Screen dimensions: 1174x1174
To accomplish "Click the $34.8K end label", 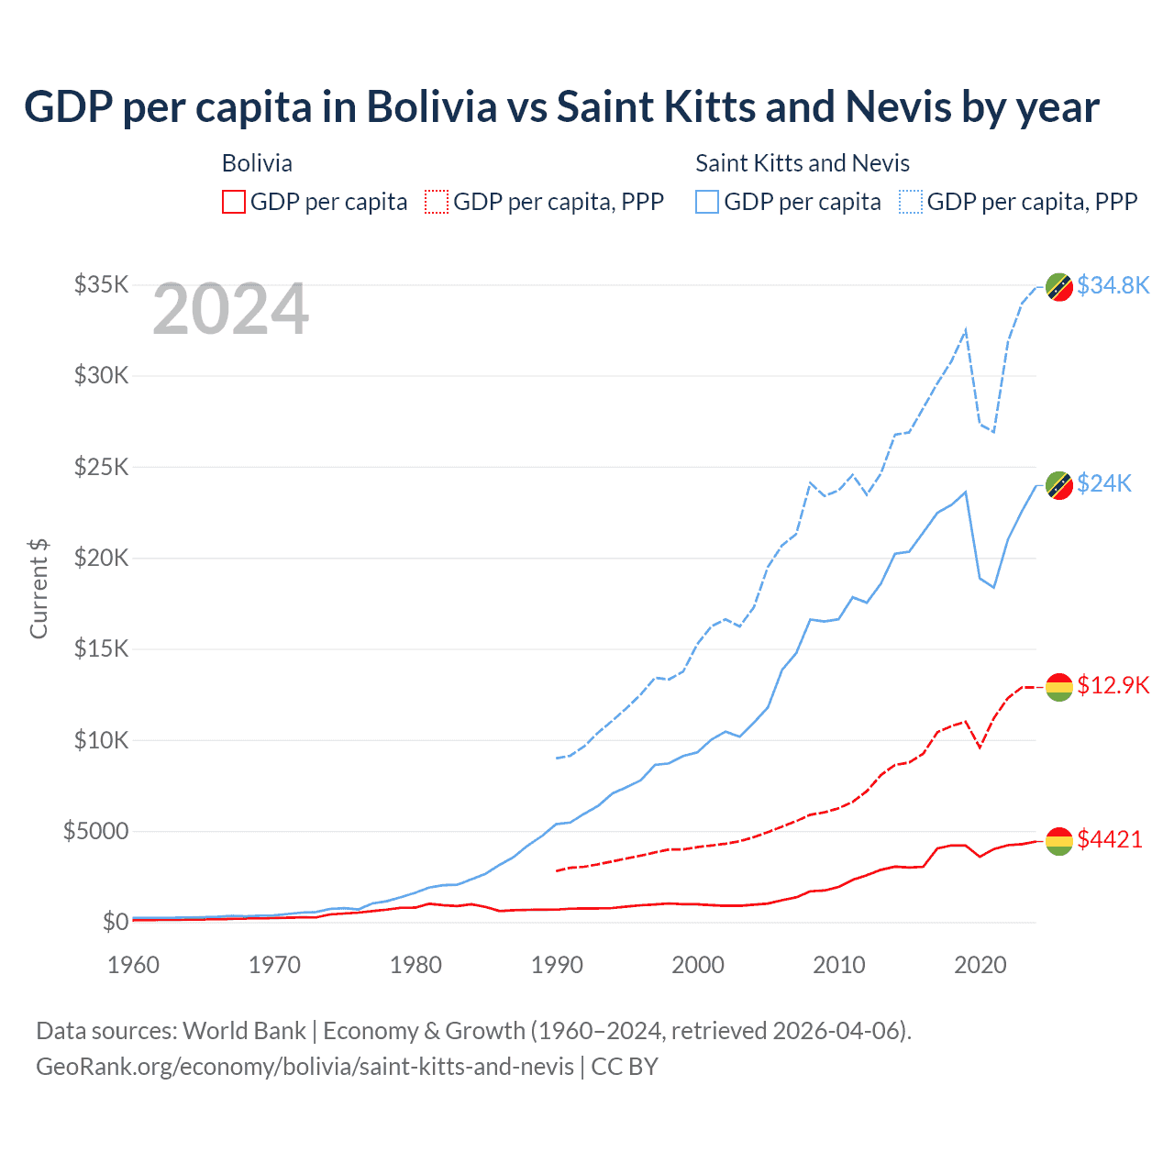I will coord(1113,285).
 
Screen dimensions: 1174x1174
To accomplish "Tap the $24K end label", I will coord(1104,483).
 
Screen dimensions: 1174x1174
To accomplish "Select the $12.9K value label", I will coord(1113,685).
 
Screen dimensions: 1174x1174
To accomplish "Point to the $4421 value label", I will coord(1110,839).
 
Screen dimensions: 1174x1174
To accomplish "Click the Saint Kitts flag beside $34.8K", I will coord(1059,287).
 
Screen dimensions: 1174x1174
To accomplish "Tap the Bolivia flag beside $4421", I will coord(1059,840).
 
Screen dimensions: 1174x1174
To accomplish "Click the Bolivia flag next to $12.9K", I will coord(1059,687).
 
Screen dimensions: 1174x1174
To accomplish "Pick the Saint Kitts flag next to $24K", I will coord(1059,485).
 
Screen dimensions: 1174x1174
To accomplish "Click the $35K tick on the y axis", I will coord(102,284).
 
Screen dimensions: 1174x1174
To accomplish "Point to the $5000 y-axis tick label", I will coord(95,831).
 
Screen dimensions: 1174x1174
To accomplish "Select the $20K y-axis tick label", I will coord(102,558).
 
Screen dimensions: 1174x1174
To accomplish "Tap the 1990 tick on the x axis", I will coord(557,965).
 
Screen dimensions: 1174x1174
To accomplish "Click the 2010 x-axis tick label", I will coord(839,965).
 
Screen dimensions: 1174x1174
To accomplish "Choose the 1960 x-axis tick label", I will coord(134,965).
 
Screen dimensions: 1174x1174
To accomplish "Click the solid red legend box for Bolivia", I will coord(234,202).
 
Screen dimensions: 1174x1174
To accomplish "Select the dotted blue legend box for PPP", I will coord(911,202).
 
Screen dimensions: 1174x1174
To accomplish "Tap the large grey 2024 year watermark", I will coord(230,310).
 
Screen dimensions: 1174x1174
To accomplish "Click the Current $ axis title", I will coord(39,589).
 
